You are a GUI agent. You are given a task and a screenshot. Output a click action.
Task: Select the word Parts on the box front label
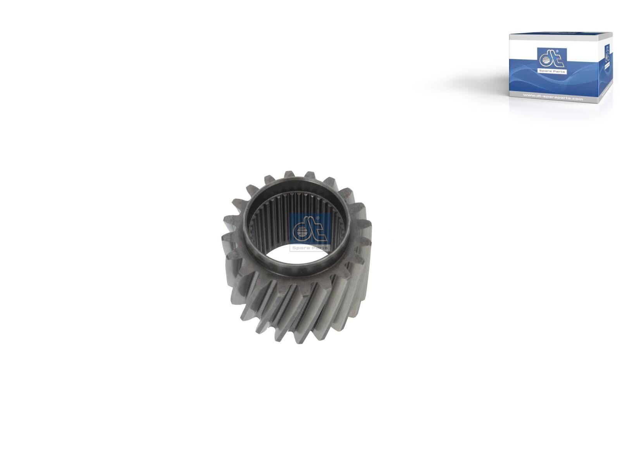558,72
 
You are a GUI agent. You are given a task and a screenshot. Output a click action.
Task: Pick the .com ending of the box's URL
577,99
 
